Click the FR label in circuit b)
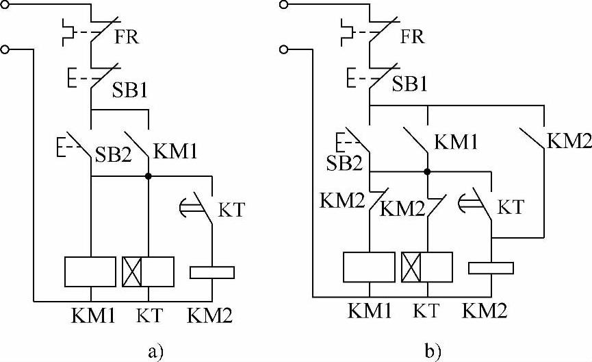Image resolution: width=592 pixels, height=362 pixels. (x=411, y=36)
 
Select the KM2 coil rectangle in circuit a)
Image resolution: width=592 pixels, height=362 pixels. (x=211, y=272)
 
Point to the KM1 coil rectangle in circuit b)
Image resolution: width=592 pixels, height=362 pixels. (x=369, y=267)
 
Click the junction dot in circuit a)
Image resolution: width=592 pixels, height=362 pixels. (x=149, y=176)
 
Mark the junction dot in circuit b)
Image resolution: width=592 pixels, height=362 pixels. (x=427, y=172)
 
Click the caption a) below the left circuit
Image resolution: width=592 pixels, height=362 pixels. (x=155, y=352)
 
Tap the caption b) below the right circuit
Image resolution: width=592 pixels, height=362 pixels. (x=433, y=352)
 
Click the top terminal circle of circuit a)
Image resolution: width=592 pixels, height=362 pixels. (x=6, y=5)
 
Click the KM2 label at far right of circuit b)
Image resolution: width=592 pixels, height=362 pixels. (x=568, y=142)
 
